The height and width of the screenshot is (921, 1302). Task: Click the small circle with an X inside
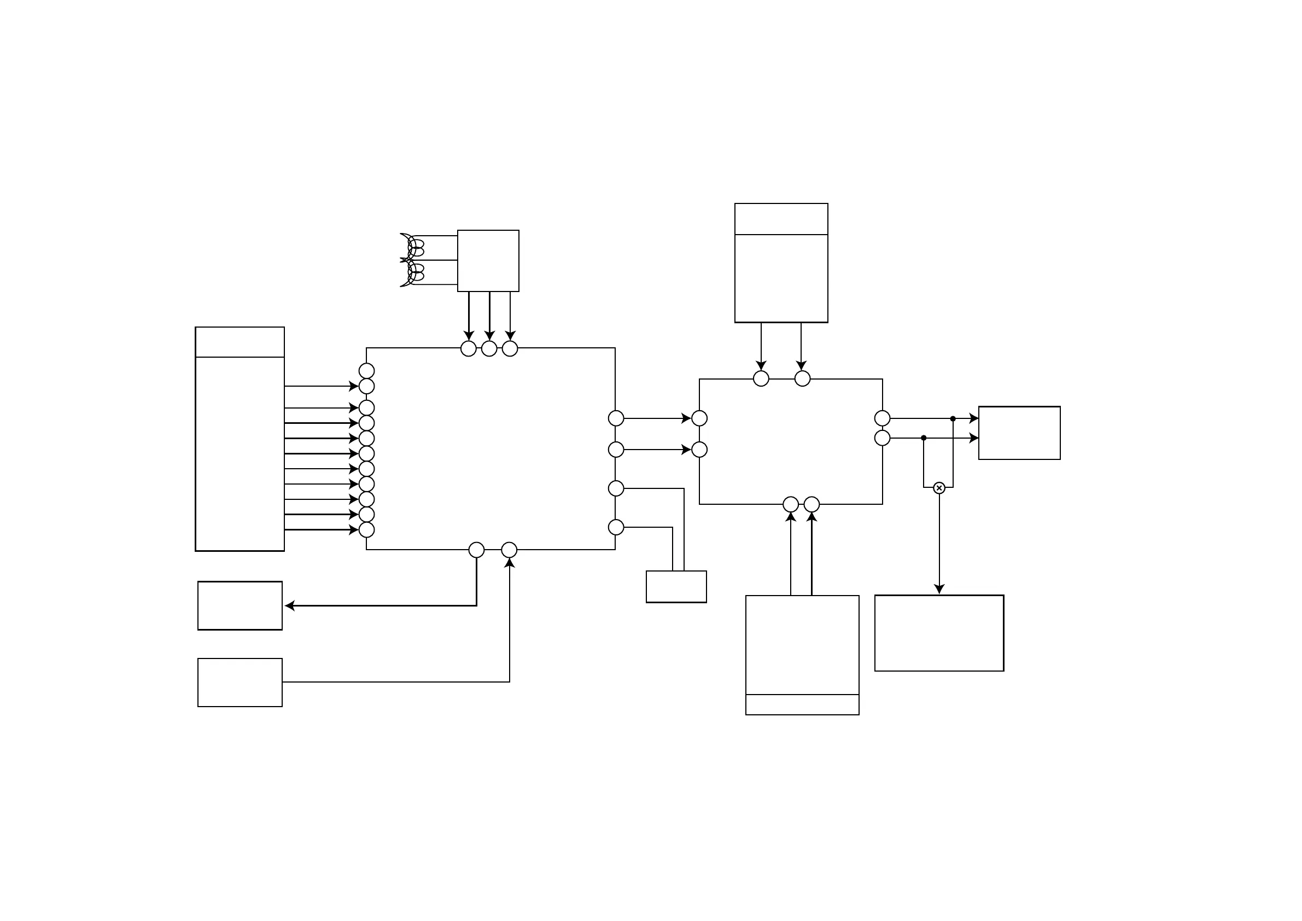tap(939, 488)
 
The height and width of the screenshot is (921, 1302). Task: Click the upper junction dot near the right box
tap(953, 418)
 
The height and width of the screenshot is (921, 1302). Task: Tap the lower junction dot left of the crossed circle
tap(924, 438)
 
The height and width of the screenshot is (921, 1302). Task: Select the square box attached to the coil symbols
tap(488, 261)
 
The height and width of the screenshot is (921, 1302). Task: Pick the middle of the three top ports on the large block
tap(489, 349)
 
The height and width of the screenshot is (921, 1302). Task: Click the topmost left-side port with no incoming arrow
tap(367, 371)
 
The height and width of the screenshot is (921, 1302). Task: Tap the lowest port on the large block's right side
tap(616, 527)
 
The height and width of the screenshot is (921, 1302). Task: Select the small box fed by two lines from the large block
tap(676, 586)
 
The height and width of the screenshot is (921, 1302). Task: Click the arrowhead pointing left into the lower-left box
tap(290, 605)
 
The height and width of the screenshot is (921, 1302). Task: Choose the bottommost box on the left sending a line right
tap(240, 682)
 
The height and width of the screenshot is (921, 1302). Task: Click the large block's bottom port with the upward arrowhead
tap(509, 550)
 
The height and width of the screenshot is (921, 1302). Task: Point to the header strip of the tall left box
tap(240, 342)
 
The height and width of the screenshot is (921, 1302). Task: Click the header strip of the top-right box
tap(781, 219)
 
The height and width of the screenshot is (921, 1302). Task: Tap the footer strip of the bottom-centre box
tap(802, 704)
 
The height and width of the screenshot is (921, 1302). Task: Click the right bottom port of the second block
tap(811, 504)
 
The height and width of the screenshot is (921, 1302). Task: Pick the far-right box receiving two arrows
tap(1019, 433)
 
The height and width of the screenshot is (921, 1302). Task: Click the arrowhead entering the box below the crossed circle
tap(939, 590)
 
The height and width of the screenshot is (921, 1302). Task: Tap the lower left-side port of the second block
tap(699, 449)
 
